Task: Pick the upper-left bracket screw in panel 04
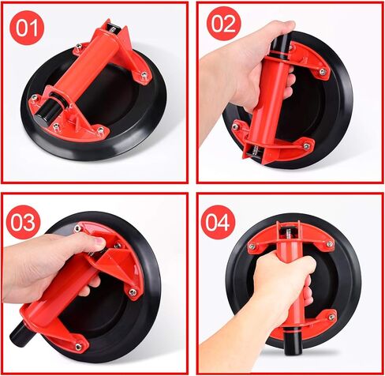pyautogui.click(x=252, y=246)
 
